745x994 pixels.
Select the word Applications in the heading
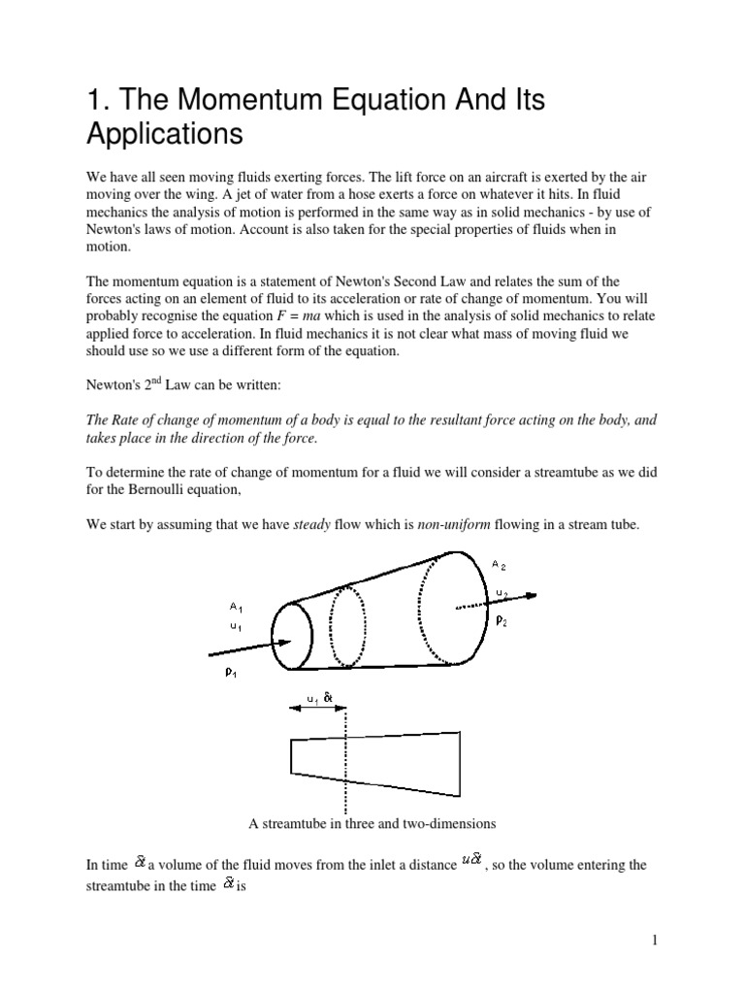pos(164,133)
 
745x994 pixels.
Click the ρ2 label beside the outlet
pos(502,622)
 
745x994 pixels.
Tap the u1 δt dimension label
pos(316,696)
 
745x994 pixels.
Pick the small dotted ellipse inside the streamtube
pos(347,625)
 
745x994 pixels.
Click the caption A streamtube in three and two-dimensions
pos(372,823)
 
